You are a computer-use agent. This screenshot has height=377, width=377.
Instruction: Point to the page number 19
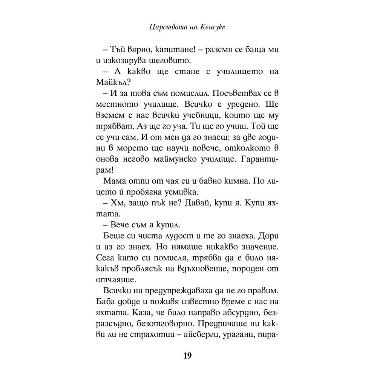(x=188, y=356)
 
